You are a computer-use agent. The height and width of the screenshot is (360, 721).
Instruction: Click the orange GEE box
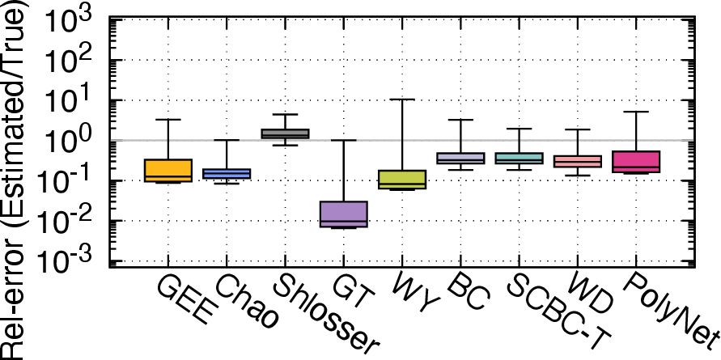pos(168,171)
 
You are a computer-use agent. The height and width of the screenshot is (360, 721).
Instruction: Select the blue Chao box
pos(227,174)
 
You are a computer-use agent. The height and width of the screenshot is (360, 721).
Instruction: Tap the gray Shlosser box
pos(285,133)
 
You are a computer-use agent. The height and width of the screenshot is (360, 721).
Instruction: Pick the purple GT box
pos(343,214)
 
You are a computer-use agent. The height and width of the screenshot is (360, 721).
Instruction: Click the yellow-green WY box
pos(402,180)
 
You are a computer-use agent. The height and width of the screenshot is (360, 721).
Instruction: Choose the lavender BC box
pos(460,159)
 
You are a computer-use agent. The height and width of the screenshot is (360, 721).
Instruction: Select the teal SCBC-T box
pos(520,159)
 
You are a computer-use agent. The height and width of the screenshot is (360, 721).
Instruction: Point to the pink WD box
pos(578,161)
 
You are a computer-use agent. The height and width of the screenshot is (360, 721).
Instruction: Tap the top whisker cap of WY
pos(402,100)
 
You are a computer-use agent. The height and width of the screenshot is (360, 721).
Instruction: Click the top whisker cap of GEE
pos(168,120)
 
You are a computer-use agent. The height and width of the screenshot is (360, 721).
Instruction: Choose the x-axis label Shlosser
pos(329,316)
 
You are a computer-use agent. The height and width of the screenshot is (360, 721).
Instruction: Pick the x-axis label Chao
pos(247,303)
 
